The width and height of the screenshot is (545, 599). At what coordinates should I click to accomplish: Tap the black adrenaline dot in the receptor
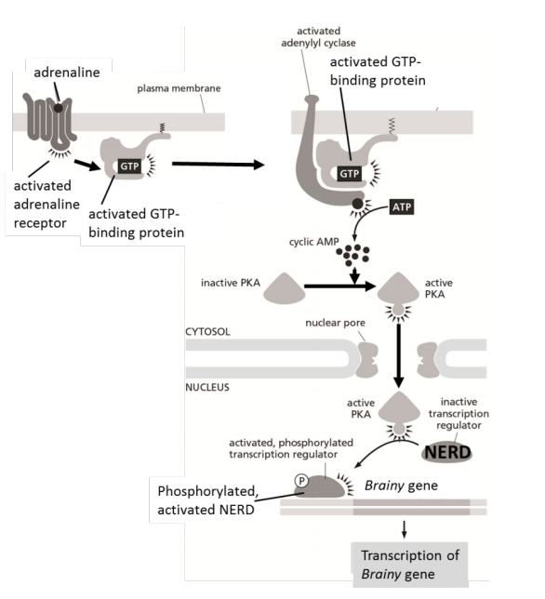[58, 108]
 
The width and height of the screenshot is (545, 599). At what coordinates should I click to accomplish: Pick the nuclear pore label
[331, 326]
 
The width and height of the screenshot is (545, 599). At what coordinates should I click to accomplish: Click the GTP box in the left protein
[127, 165]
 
